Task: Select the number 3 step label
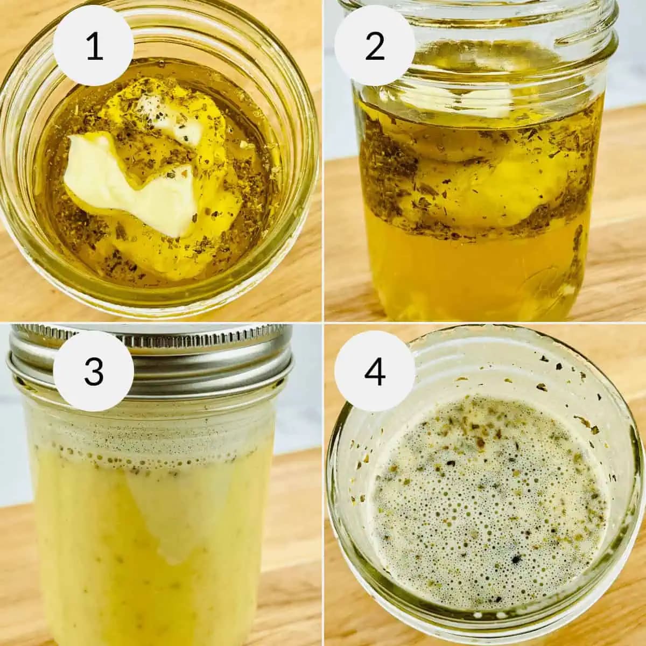tap(94, 371)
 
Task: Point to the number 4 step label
tap(375, 371)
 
